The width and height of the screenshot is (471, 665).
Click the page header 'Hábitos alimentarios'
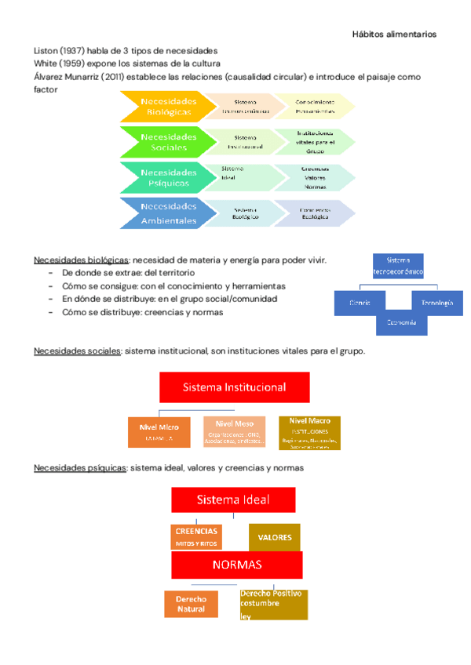pos(393,35)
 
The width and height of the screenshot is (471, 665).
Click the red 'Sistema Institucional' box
pos(234,387)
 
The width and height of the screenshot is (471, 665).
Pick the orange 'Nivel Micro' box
pos(159,432)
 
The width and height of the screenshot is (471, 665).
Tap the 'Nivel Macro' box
pos(309,432)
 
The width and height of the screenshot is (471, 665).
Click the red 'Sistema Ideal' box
pos(233,500)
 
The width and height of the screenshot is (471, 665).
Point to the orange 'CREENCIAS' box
pos(197,536)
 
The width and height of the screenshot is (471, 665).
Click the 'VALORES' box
pos(274,537)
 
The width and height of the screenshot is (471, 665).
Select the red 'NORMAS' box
pos(237,565)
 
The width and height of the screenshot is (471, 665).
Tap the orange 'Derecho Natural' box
pos(191,604)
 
